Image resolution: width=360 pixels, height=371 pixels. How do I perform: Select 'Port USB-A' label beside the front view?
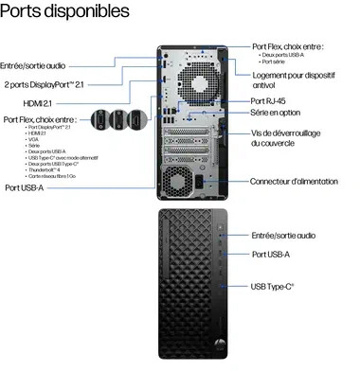point(271,255)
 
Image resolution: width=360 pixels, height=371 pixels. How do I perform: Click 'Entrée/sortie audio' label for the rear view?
point(33,65)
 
